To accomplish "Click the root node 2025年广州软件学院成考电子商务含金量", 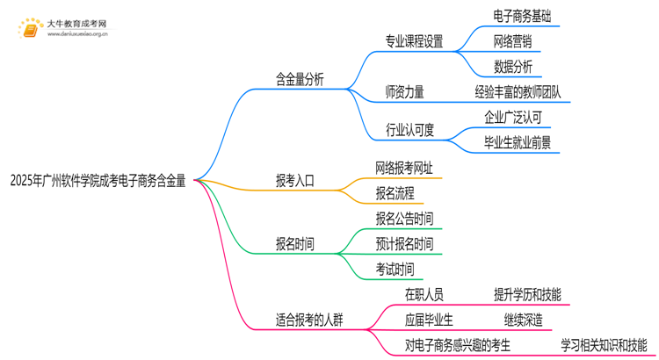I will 98,181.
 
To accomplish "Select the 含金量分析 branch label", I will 300,79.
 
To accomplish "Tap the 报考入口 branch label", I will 294,181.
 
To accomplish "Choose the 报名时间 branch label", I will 294,243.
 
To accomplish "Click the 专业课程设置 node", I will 414,40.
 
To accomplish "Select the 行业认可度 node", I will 409,129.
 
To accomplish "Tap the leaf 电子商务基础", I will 523,17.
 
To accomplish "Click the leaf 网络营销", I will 512,40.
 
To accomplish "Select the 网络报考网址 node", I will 403,167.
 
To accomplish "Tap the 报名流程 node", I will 395,193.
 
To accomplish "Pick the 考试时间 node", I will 395,269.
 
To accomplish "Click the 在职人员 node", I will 424,294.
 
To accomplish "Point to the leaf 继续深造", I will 523,320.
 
